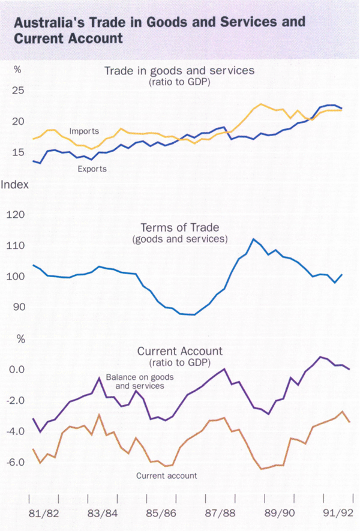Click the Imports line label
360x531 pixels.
coord(84,131)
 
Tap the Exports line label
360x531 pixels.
coord(92,169)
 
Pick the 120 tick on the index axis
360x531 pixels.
coord(17,214)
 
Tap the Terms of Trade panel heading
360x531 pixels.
coord(179,227)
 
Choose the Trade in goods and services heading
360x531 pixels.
coord(179,71)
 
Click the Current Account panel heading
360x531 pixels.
coord(180,351)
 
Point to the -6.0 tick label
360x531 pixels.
coord(17,463)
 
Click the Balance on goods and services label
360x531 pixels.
coord(135,382)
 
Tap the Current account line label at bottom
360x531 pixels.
coord(166,476)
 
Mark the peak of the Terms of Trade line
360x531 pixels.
coord(254,239)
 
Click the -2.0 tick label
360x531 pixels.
coord(17,400)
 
